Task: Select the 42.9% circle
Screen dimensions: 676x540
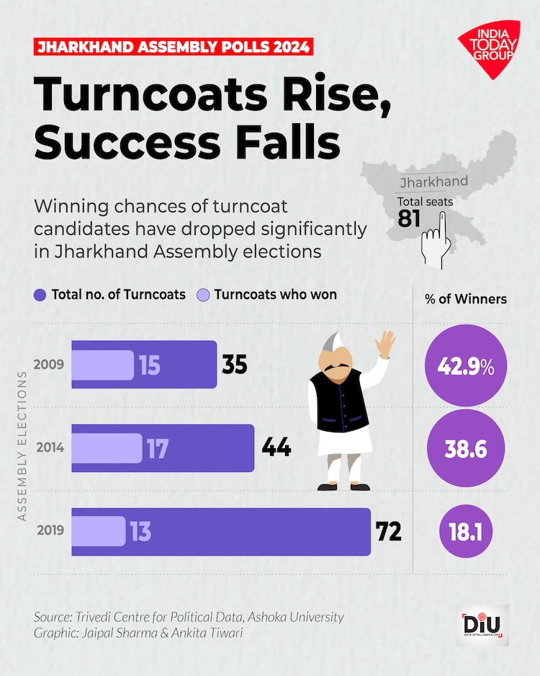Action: (465, 365)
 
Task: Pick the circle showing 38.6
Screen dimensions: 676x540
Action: (465, 448)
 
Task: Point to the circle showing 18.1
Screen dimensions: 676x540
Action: (465, 532)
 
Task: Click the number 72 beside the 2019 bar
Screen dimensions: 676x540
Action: (389, 532)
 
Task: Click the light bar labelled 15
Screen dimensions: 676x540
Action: (102, 365)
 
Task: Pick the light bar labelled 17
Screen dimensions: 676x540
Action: (107, 448)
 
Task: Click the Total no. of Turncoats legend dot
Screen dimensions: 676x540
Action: (40, 295)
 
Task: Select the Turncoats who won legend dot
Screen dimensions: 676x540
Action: (204, 295)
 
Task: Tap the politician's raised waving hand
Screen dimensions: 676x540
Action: (387, 344)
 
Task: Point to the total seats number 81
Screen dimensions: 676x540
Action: (409, 218)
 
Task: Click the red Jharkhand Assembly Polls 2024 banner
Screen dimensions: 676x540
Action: (174, 48)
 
